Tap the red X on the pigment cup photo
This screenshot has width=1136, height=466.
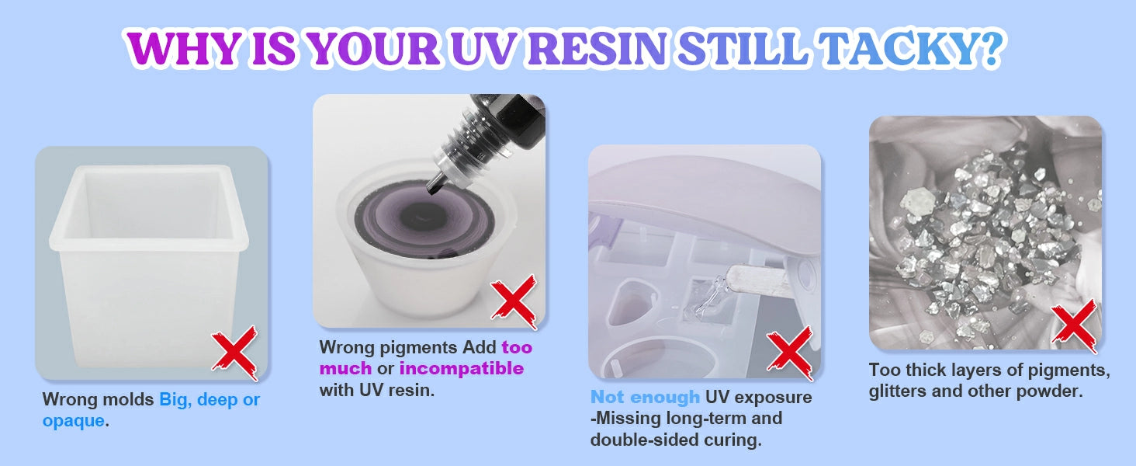coord(514,301)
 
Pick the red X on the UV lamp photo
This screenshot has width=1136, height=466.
coord(790,353)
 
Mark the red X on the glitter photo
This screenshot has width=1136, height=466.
coord(1074,326)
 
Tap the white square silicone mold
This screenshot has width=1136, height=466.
coord(149,264)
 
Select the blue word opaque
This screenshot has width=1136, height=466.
coord(74,421)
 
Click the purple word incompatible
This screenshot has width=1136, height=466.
coord(462,368)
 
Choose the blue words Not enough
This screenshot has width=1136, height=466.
coord(645,397)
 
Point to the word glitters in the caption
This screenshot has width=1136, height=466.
coord(896,391)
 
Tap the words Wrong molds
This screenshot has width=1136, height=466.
coord(98,399)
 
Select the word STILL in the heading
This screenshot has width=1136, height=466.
coord(742,49)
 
